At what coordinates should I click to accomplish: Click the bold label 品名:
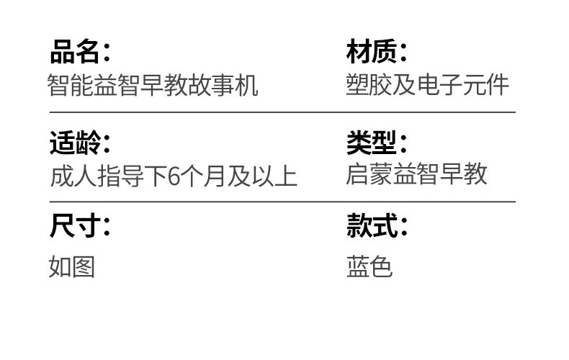pyautogui.click(x=80, y=52)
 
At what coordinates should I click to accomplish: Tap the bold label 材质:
pyautogui.click(x=377, y=52)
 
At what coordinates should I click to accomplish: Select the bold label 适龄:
pyautogui.click(x=80, y=142)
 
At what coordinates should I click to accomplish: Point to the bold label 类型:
pyautogui.click(x=377, y=142)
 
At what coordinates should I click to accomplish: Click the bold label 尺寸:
pyautogui.click(x=80, y=227)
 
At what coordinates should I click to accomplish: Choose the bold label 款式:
pyautogui.click(x=377, y=227)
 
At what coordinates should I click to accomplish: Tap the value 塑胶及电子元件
pyautogui.click(x=428, y=85)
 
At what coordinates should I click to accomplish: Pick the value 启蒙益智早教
pyautogui.click(x=416, y=174)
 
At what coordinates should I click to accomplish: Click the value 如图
pyautogui.click(x=72, y=267)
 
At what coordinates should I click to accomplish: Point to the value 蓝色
pyautogui.click(x=369, y=267)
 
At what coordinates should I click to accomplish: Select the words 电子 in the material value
pyautogui.click(x=439, y=85)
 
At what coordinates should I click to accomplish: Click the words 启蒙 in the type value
pyautogui.click(x=369, y=174)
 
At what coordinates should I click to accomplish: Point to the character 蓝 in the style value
pyautogui.click(x=357, y=267)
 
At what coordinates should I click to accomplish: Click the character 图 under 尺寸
pyautogui.click(x=84, y=267)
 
